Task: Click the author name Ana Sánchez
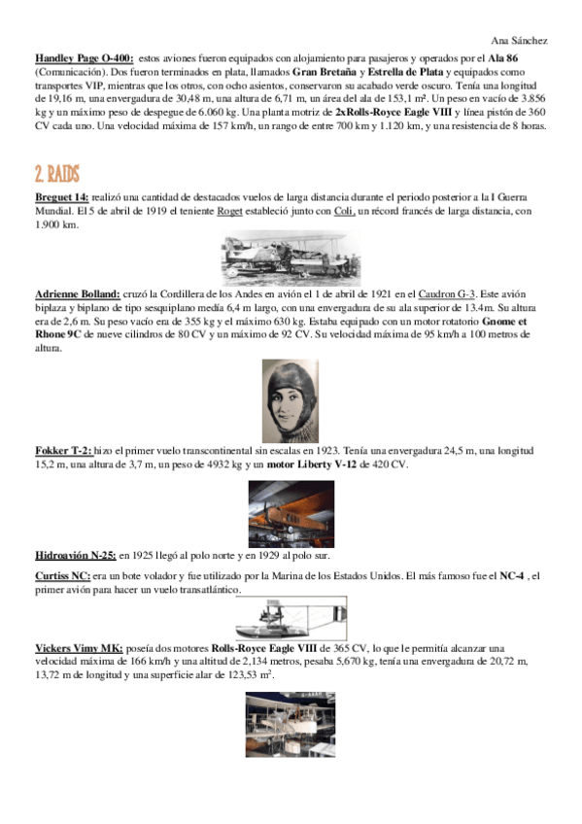coord(520,41)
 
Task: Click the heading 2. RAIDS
coord(57,175)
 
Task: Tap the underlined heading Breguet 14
coord(61,197)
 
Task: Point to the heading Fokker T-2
coord(63,452)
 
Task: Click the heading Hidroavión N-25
coord(74,556)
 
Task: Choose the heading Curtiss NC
coord(63,576)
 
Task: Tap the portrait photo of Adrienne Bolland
coord(291,400)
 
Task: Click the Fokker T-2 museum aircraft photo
coord(291,513)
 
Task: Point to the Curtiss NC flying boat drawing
coord(290,617)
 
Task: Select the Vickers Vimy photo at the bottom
coord(291,724)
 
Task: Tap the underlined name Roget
coord(229,211)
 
